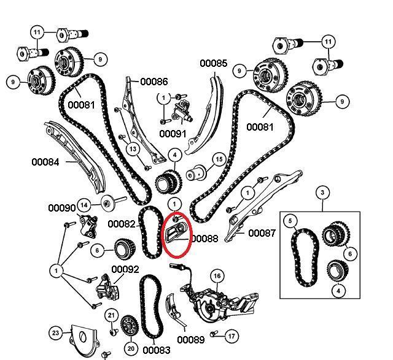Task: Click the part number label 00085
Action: [x=213, y=63]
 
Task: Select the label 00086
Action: [x=154, y=81]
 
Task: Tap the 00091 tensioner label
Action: [x=173, y=133]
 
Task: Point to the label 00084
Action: [x=45, y=162]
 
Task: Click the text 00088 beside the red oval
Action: [x=204, y=238]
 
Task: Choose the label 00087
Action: [x=262, y=233]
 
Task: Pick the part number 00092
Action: [x=125, y=269]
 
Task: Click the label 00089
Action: [x=191, y=339]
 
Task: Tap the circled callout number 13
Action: [x=132, y=148]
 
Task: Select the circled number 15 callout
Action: [x=218, y=160]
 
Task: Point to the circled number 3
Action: [x=321, y=194]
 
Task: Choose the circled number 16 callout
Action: [x=217, y=276]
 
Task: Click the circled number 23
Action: [x=56, y=334]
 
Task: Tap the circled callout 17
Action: [x=231, y=336]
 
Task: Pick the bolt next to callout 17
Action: [x=214, y=334]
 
